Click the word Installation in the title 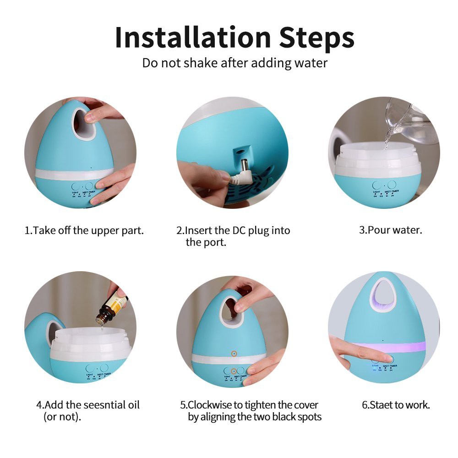(x=193, y=37)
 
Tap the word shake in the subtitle (x=201, y=63)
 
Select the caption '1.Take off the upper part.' (x=84, y=230)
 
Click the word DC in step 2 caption (x=239, y=230)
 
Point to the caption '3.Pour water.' (x=391, y=230)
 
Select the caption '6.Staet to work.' (x=396, y=405)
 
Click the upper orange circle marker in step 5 (x=234, y=354)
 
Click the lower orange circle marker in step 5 (x=234, y=371)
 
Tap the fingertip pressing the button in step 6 (x=387, y=358)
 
